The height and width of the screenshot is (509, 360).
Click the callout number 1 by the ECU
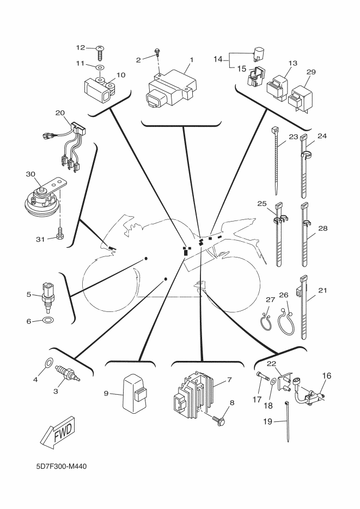191,59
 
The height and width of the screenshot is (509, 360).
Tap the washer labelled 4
47,363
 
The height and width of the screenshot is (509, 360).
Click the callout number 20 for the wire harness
60,113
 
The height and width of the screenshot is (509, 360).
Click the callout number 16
327,376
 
